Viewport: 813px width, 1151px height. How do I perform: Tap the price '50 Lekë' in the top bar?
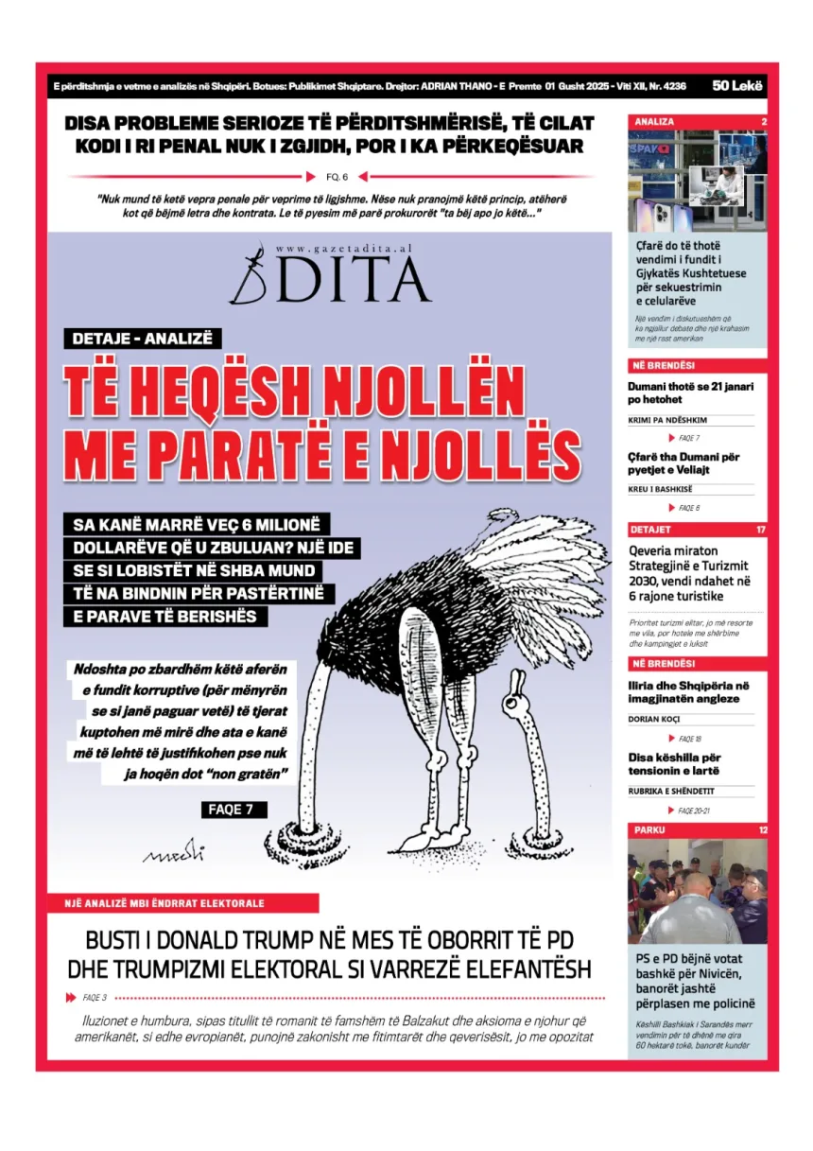coord(738,86)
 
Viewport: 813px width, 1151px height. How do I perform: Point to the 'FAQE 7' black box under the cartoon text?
coord(234,810)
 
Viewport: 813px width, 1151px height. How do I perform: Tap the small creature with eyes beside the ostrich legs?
coord(517,688)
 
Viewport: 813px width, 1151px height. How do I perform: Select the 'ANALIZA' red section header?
coord(655,122)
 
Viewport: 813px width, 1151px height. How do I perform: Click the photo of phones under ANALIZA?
coord(698,182)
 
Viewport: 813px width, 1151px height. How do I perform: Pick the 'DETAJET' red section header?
coord(651,530)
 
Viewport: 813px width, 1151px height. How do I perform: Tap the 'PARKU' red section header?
coord(650,830)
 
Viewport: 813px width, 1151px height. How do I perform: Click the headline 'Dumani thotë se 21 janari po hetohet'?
coord(690,392)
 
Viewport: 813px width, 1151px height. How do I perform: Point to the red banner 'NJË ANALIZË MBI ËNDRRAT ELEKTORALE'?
coord(183,903)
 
